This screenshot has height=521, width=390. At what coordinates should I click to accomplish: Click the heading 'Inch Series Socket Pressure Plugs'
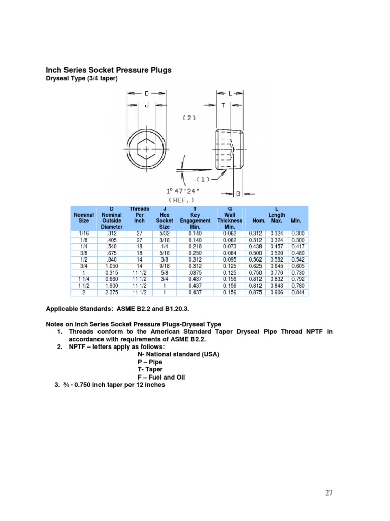tap(109, 70)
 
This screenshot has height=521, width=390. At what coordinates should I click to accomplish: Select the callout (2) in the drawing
tap(189, 118)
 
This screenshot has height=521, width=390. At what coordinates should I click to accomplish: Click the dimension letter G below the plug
tap(238, 193)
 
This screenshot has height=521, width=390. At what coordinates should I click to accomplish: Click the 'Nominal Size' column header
tap(83, 218)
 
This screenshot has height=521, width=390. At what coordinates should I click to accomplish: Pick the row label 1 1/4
tap(83, 279)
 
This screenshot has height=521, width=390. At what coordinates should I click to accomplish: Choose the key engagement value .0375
tap(195, 272)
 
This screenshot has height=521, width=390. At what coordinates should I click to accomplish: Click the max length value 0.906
tap(277, 293)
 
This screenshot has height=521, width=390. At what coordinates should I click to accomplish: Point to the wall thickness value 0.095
tap(230, 259)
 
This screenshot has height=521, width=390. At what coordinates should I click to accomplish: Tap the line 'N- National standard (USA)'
tap(178, 354)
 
